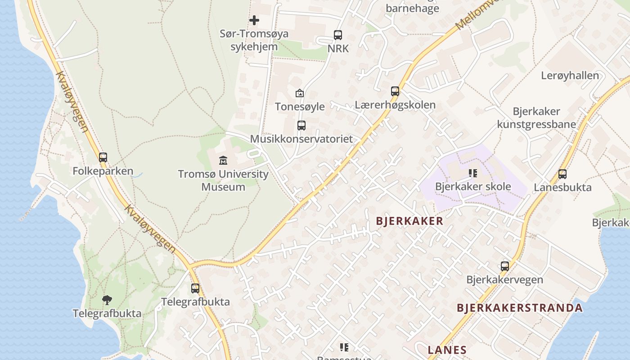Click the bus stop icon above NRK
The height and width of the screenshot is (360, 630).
(337, 35)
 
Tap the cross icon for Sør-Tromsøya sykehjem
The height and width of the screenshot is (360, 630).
(254, 20)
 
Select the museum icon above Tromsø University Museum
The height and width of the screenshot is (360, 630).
(223, 160)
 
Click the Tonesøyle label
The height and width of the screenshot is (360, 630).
(300, 107)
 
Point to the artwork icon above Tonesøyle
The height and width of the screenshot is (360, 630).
(299, 93)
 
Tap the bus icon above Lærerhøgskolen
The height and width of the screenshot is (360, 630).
(395, 91)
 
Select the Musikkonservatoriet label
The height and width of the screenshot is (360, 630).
(301, 139)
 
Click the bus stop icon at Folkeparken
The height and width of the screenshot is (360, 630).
(103, 157)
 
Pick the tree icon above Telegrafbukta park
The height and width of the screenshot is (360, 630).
(107, 300)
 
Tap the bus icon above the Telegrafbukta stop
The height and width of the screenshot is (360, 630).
(195, 288)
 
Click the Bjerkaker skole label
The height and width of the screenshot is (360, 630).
(473, 186)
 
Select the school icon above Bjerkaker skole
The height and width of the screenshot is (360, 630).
(472, 173)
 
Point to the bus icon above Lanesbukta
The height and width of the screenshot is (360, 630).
(562, 174)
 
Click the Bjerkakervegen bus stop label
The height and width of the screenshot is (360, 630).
(504, 279)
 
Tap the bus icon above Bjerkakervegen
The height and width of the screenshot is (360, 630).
(505, 266)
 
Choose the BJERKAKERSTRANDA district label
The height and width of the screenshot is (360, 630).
(520, 308)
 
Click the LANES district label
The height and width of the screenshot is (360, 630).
(447, 350)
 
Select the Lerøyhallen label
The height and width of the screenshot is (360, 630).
(570, 76)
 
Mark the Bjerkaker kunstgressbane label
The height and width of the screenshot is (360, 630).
(536, 118)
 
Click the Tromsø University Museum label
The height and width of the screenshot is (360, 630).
(223, 180)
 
